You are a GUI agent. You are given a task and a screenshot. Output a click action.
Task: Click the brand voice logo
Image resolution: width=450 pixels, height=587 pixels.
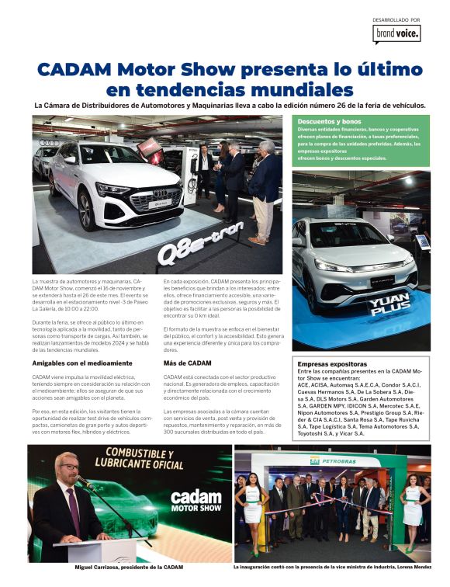[396, 33]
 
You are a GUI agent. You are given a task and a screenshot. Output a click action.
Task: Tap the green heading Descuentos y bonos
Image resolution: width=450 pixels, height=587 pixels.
[330, 122]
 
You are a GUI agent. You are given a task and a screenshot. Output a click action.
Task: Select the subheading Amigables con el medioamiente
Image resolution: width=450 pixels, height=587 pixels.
[82, 363]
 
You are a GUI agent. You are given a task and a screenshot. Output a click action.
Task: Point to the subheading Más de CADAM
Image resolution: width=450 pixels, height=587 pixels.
[187, 363]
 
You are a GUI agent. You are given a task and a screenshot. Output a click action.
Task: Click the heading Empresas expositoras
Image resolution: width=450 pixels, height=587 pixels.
[332, 363]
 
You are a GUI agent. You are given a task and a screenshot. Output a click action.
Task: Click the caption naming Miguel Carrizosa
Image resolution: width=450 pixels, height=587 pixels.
[129, 568]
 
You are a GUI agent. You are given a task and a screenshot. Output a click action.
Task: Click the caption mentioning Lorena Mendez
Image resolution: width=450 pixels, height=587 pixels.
[332, 568]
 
